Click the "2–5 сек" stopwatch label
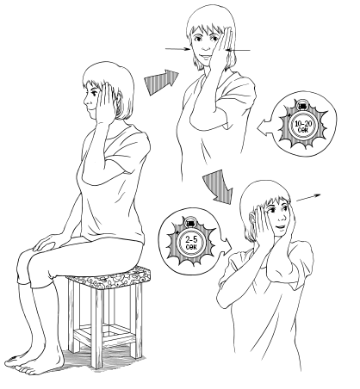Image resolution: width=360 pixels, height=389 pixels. [x=191, y=243]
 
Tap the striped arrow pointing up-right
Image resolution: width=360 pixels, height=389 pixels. [x=162, y=82]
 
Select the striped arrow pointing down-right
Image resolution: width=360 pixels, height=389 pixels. [x=219, y=186]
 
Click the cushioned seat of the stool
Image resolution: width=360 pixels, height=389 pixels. [x=110, y=278]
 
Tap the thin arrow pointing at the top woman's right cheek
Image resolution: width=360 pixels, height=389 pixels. [x=177, y=49]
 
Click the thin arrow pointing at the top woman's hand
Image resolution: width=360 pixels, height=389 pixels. [x=238, y=51]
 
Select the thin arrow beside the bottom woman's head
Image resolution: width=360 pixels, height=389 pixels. [x=308, y=198]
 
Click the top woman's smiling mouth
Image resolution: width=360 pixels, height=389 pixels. [x=205, y=57]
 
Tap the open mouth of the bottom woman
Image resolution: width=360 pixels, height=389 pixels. [x=279, y=227]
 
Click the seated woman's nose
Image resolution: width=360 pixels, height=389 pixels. [x=85, y=101]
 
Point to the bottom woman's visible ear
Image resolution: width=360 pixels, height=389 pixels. [x=252, y=217]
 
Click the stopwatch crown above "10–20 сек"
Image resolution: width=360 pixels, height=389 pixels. [x=301, y=106]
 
